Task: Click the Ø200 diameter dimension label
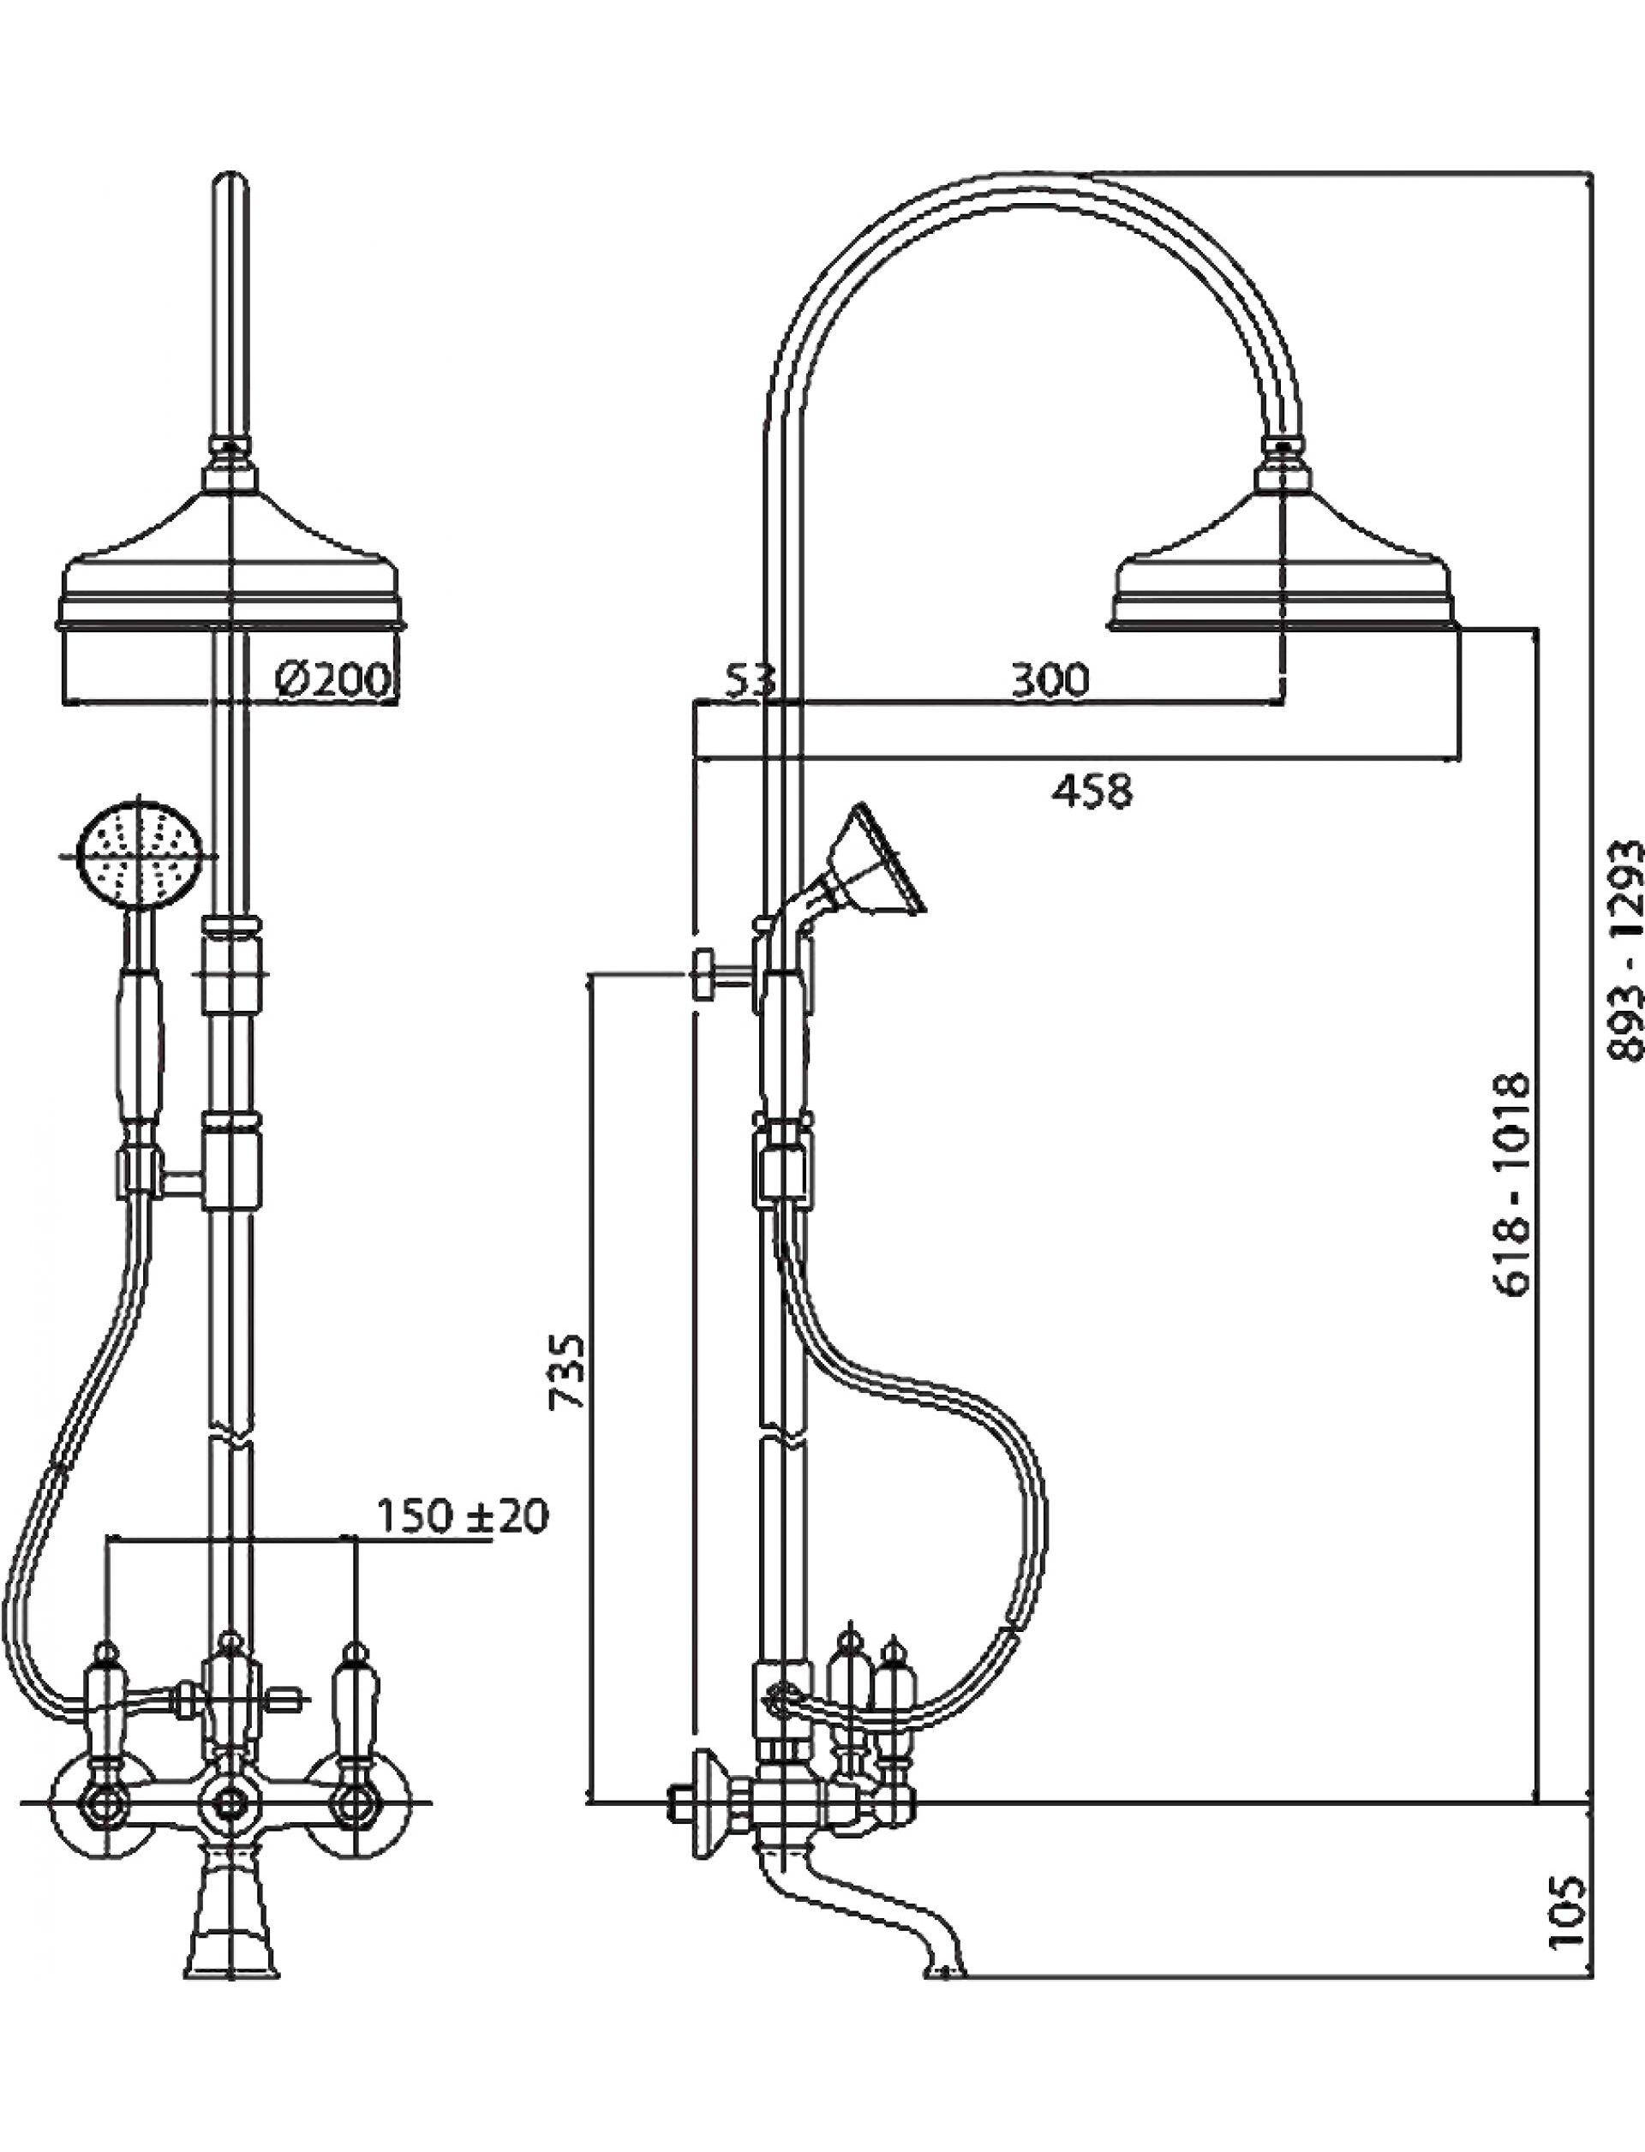click(333, 678)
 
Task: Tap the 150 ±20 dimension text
click(462, 1516)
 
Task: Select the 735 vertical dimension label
click(569, 1371)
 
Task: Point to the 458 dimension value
click(1092, 790)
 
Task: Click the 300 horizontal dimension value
click(1049, 679)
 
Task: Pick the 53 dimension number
click(750, 679)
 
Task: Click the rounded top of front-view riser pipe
click(231, 186)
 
